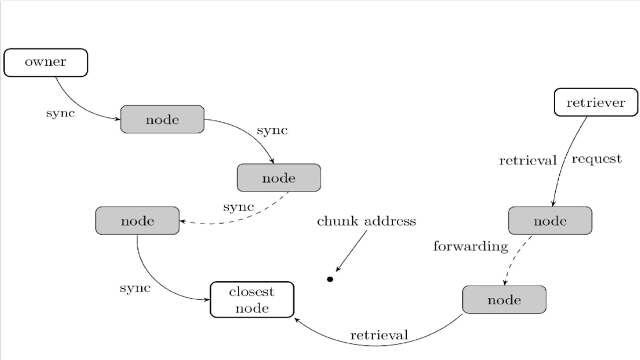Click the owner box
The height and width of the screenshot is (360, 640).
[x=46, y=63]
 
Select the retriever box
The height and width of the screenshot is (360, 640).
[x=595, y=103]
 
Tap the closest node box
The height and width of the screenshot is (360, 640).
[x=252, y=300]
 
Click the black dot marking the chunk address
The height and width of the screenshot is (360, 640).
[x=330, y=279]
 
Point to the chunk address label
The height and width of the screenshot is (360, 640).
[x=366, y=221]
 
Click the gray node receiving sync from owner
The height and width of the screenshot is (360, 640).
[x=163, y=119]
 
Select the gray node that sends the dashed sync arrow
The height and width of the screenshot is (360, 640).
[x=278, y=177]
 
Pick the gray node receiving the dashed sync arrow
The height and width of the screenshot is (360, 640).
[x=137, y=221]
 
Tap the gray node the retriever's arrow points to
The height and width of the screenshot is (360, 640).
[x=550, y=221]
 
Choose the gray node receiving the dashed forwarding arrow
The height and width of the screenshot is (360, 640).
[x=504, y=300]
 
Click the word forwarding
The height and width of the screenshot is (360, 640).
[x=470, y=246]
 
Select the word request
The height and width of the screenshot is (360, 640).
[x=596, y=159]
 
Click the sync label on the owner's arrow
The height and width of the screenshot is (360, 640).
[x=60, y=113]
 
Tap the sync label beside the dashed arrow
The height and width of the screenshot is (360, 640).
[x=238, y=207]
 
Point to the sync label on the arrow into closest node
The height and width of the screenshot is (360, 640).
[x=135, y=288]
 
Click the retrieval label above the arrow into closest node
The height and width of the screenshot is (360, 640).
[x=379, y=334]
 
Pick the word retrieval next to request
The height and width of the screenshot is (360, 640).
[x=528, y=160]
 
